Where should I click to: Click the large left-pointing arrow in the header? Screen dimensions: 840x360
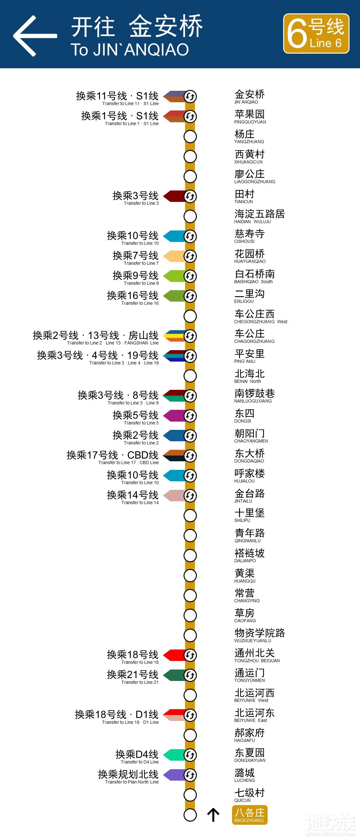35,36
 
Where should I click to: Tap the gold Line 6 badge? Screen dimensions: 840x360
316,34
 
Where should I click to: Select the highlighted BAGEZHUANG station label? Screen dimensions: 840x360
250,815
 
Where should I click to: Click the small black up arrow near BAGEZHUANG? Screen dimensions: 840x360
213,815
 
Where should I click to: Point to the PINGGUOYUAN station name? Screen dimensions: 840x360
250,117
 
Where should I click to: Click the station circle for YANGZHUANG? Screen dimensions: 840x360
190,137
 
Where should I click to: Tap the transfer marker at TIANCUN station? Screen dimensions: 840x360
190,196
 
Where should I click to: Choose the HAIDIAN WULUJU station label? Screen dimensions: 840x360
259,216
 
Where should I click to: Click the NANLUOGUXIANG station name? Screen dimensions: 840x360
254,396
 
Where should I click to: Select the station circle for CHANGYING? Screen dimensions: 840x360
190,596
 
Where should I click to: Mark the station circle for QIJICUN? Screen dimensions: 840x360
190,795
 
